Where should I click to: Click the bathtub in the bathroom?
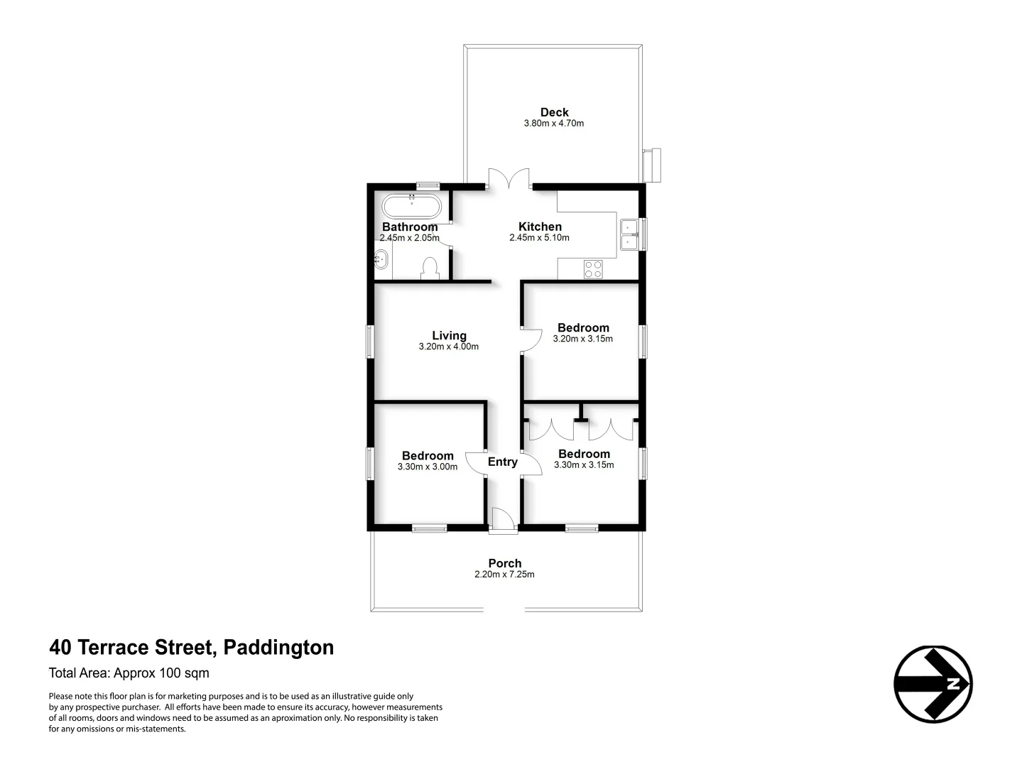(412, 207)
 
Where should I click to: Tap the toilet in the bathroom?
(429, 268)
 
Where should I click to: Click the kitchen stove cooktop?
(593, 269)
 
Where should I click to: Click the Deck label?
(554, 112)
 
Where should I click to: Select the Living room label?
(449, 335)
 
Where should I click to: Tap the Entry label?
(503, 462)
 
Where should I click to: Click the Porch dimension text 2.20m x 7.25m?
(504, 575)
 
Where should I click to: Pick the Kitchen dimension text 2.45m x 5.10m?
(539, 238)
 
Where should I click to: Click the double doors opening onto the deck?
(509, 179)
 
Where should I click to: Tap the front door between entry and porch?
(503, 521)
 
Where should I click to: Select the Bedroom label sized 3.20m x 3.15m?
(583, 327)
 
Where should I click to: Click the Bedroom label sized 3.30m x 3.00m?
(428, 456)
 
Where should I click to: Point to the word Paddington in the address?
(278, 648)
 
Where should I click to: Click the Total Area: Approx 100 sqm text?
(129, 673)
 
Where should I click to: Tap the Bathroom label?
(410, 227)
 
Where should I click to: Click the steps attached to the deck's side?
(651, 164)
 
